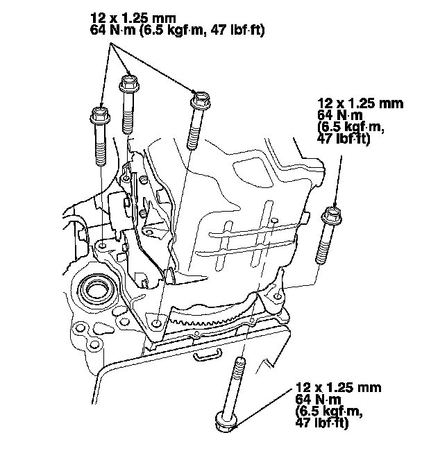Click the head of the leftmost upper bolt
point(99,114)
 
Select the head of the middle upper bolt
point(130,83)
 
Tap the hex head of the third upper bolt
point(201,99)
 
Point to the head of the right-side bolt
point(332,215)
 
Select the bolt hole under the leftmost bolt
point(103,246)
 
